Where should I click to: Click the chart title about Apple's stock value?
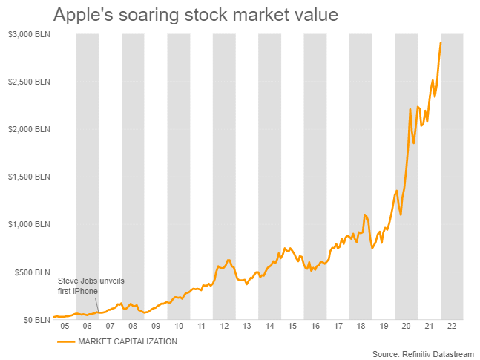175,15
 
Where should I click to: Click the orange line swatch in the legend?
66,341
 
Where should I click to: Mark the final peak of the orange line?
441,43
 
